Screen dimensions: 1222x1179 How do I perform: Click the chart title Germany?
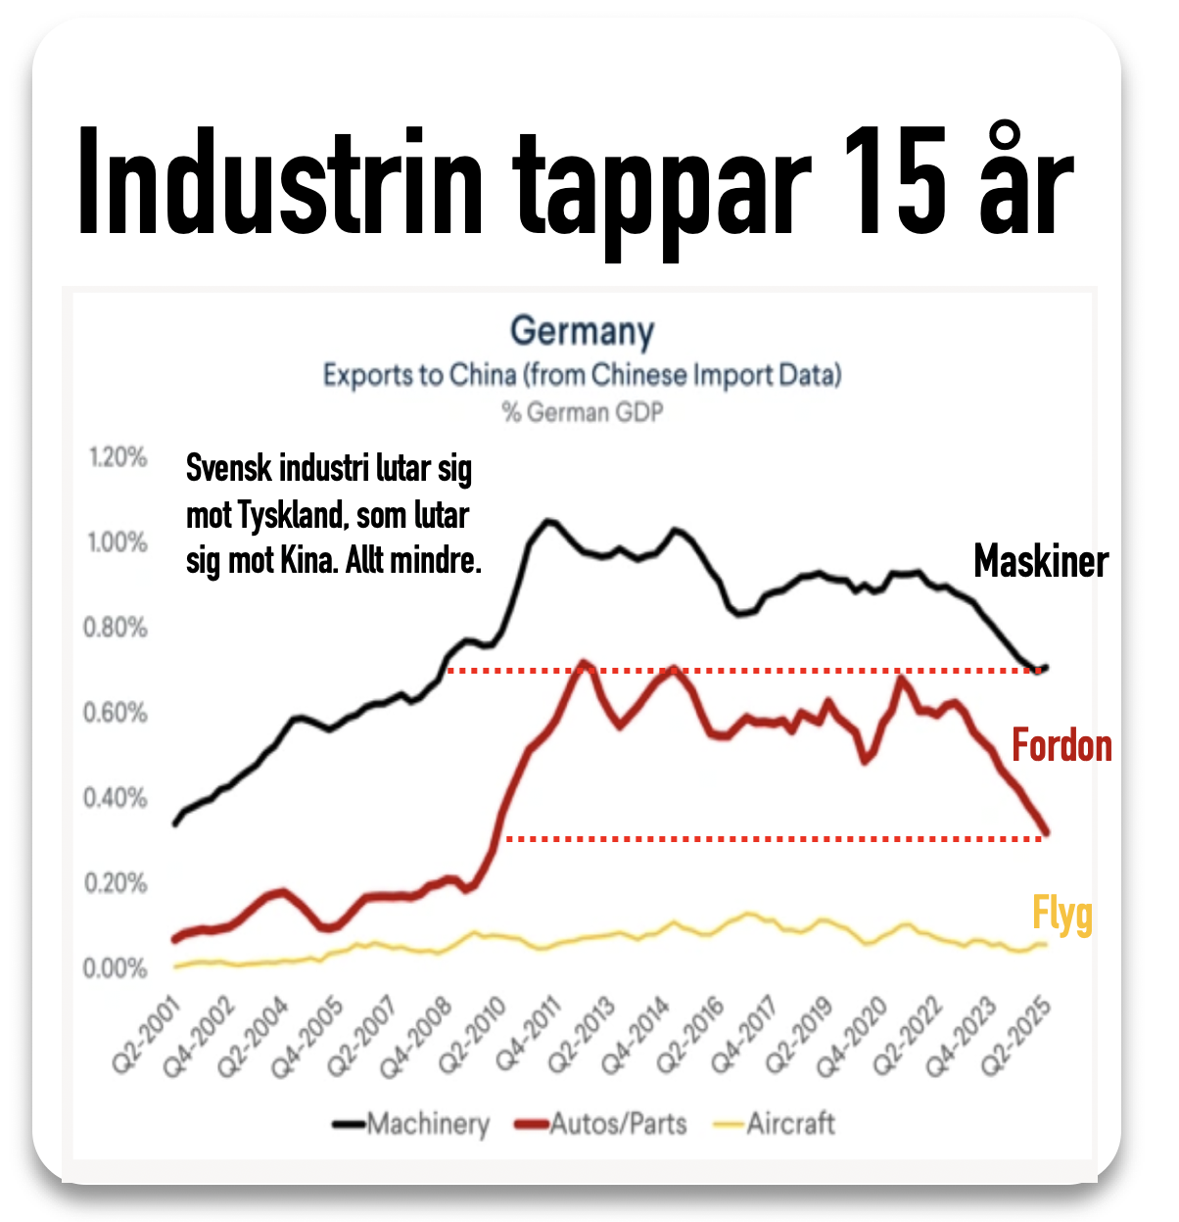582,331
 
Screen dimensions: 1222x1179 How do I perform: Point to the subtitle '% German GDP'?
582,412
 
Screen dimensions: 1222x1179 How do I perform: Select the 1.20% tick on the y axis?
118,457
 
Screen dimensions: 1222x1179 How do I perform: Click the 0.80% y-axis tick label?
118,628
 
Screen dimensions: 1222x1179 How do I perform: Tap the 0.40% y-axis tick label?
118,798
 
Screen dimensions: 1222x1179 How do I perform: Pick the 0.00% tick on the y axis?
118,968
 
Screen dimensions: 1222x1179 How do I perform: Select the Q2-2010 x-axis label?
473,1036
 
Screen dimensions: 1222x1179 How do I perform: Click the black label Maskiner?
1041,562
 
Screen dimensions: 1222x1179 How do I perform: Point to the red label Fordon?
1061,746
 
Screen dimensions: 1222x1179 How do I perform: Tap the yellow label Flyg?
1062,916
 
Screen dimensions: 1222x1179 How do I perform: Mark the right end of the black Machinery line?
1047,668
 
